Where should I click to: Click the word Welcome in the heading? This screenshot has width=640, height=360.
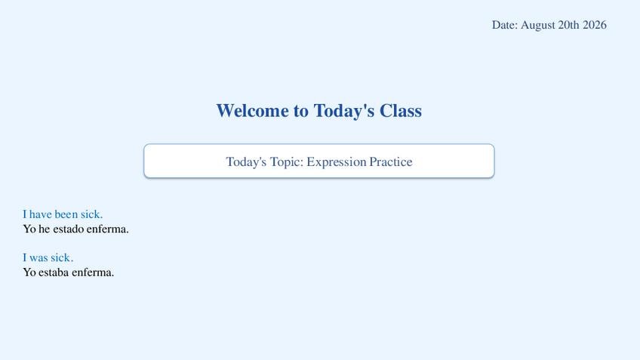coord(252,111)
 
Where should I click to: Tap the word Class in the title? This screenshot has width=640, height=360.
coord(401,111)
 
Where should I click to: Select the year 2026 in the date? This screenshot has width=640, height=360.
coord(594,25)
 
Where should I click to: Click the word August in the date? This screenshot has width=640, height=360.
coord(537,26)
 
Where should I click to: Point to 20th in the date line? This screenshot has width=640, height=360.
coord(568,25)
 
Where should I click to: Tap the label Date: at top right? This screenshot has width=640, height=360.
coord(504,25)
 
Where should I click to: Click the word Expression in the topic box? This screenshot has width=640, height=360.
coord(337,162)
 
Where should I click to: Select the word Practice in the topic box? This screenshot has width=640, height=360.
coord(391,162)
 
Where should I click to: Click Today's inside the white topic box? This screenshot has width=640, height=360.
coord(246,162)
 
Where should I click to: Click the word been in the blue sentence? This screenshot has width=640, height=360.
coord(66,214)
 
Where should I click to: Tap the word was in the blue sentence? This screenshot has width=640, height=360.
coord(38,258)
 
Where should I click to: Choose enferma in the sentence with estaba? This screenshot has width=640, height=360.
coord(93,272)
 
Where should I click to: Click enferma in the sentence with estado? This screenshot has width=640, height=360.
coord(107,229)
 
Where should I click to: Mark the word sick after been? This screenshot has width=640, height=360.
coord(91,214)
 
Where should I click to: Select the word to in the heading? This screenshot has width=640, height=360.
coord(300,112)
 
